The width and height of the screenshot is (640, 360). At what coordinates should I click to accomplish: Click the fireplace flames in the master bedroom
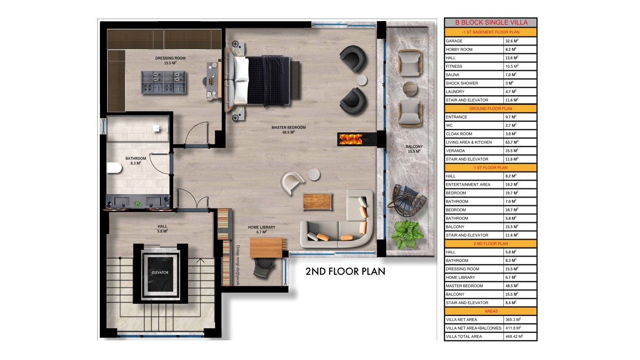pos(350,139)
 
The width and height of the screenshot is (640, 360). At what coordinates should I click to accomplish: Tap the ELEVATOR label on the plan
pos(160,272)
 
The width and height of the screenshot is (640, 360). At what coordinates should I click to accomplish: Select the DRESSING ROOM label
pos(170,58)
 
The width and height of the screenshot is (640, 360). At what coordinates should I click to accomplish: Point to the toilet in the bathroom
pos(114,168)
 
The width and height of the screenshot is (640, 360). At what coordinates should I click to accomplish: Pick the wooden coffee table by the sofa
pos(317,202)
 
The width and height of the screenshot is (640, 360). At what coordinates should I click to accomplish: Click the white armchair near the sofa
pos(292,182)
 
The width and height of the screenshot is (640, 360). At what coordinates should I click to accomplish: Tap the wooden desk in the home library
pos(268,247)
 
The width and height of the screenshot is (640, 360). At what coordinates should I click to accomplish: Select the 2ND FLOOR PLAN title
pos(345,271)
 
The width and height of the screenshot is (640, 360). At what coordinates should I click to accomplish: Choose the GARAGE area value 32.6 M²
pos(512,41)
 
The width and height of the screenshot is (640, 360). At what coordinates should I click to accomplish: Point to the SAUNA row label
pos(453,74)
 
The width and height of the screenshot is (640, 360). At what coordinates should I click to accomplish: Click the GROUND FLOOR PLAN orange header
pos(491,108)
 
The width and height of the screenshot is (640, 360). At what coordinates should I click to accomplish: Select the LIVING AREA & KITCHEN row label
pos(469,142)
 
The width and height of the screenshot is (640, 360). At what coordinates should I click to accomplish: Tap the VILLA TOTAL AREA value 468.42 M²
pos(514,336)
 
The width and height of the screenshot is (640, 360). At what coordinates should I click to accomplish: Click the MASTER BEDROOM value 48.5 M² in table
pos(512,286)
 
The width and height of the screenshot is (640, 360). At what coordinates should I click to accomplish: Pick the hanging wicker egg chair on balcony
pos(408,200)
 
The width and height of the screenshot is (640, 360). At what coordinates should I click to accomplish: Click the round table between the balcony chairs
pos(410,89)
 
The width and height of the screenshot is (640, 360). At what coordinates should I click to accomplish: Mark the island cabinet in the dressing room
pos(164,82)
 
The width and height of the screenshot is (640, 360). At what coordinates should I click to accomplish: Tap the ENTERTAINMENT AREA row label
pos(468,184)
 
